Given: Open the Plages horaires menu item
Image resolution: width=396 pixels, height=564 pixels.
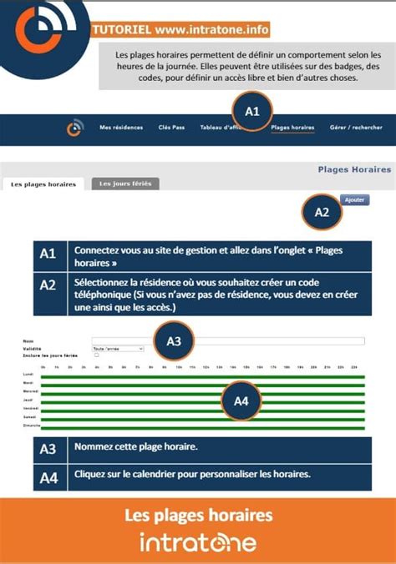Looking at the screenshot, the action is [293, 128].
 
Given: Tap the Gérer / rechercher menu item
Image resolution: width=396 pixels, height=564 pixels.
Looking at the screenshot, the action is [356, 128].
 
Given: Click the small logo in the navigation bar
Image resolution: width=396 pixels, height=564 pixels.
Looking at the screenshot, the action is [75, 128].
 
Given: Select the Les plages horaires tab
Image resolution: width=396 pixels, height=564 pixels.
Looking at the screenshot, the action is [43, 184].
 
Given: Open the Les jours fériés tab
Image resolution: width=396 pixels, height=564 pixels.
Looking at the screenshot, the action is [125, 184].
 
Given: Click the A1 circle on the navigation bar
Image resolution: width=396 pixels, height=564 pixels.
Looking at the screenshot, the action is [252, 111].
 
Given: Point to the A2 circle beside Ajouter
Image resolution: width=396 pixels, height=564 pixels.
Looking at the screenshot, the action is [322, 212].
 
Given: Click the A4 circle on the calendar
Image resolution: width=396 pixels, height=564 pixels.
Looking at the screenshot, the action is [241, 401].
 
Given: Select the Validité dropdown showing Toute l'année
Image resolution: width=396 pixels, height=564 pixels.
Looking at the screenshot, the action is [118, 348].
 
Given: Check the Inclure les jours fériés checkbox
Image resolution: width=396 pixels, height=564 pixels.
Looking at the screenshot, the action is [96, 355].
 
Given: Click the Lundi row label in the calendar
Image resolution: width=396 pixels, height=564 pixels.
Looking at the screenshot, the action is [28, 375].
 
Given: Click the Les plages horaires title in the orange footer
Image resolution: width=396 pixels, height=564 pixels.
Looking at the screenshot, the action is [198, 515].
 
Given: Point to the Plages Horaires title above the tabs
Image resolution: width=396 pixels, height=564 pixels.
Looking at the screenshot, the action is [354, 169].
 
